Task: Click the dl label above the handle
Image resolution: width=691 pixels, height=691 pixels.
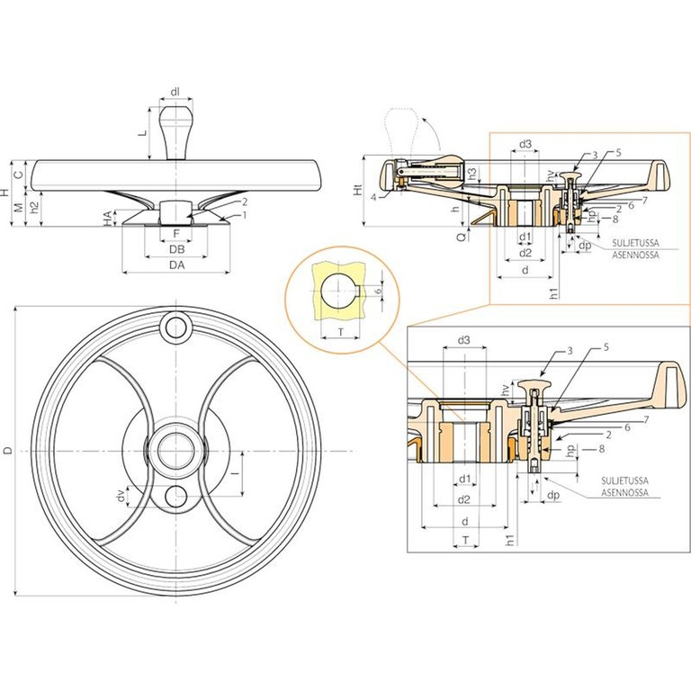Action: (175, 92)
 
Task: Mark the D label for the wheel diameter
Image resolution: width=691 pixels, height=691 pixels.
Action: (9, 450)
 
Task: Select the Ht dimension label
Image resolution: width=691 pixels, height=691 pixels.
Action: (357, 191)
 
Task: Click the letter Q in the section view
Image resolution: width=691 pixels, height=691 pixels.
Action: (461, 236)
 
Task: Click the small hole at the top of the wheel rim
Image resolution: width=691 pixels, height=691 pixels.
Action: (175, 326)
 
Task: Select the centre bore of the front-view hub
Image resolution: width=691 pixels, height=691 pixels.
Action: (175, 450)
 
